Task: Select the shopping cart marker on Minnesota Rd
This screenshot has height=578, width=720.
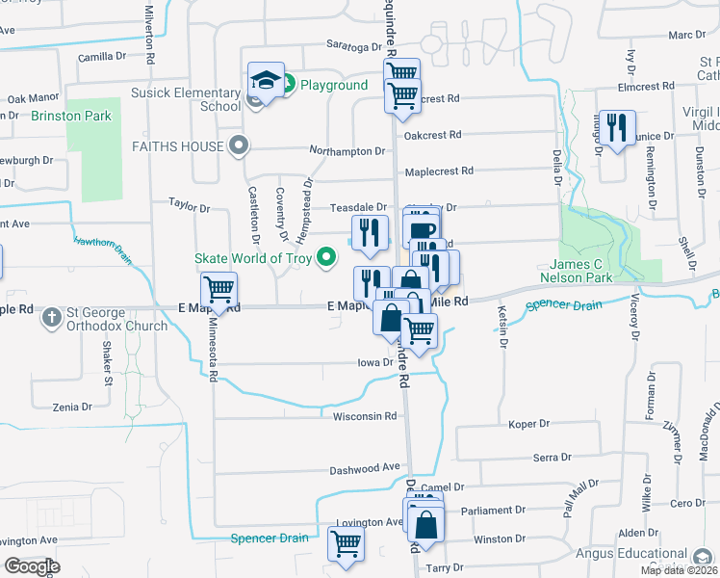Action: (219, 289)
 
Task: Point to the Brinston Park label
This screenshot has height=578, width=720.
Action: (71, 117)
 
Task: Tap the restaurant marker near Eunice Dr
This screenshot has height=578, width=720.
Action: (616, 128)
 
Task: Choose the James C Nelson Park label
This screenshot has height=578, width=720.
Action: (594, 271)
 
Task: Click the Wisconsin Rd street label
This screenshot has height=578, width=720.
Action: (365, 417)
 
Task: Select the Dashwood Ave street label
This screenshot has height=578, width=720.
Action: (364, 468)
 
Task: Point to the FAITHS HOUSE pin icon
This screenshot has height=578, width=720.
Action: (241, 147)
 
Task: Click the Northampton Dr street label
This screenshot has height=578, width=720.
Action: (347, 151)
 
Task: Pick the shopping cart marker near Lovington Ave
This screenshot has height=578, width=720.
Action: (345, 542)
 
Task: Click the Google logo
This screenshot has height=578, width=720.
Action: (31, 566)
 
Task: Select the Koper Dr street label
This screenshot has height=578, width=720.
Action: (528, 424)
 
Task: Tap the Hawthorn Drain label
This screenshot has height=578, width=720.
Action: (102, 246)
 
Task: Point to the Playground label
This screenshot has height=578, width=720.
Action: (333, 86)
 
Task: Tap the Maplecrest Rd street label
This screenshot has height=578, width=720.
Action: (439, 171)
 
